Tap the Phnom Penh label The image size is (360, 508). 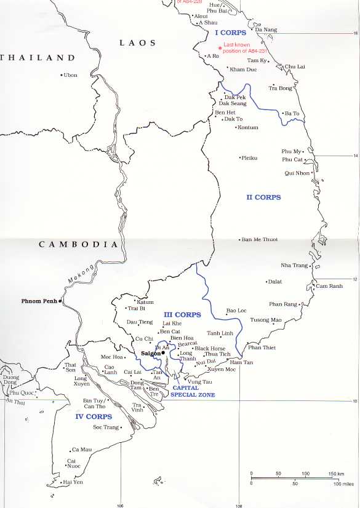(x=39, y=301)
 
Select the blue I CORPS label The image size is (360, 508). (x=230, y=32)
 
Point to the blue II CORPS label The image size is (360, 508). (x=263, y=197)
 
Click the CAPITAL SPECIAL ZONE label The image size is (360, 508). (x=193, y=391)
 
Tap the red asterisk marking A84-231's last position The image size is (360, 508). (x=220, y=48)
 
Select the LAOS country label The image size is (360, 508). (x=137, y=43)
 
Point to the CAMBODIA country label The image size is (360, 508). (x=78, y=244)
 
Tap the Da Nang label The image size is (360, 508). (x=266, y=30)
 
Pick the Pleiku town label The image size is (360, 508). (x=249, y=158)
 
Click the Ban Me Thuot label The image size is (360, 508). (x=260, y=239)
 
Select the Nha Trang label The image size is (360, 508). (x=294, y=265)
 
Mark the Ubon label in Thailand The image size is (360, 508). (x=71, y=75)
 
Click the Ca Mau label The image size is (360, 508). (x=81, y=450)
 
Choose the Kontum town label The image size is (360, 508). (x=248, y=127)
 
